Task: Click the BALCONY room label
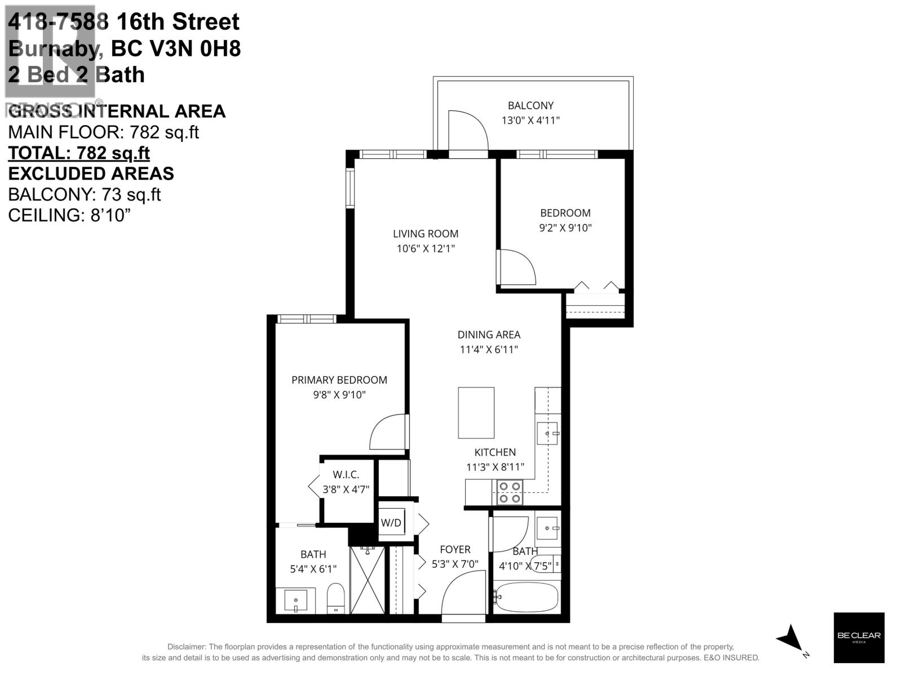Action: point(530,105)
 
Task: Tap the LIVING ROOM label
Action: point(426,234)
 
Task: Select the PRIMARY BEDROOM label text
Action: point(339,380)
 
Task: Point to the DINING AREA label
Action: point(489,335)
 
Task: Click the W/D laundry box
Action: point(391,523)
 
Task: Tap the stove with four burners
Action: point(509,492)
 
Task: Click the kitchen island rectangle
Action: point(476,412)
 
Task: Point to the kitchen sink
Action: point(547,434)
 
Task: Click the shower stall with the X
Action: point(367,580)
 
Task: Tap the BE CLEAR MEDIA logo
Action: point(859,638)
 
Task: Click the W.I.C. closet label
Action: point(346,475)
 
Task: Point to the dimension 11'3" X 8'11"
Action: point(495,467)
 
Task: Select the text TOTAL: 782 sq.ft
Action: point(79,153)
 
